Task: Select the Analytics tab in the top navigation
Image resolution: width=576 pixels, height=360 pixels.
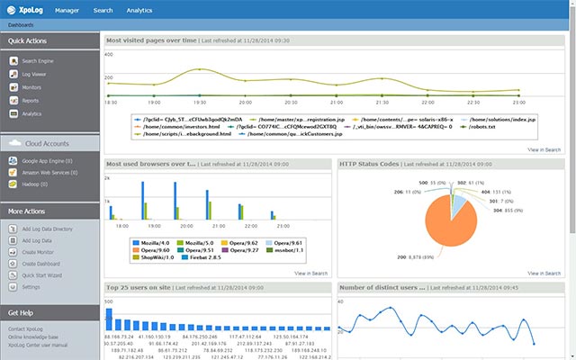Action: (139, 11)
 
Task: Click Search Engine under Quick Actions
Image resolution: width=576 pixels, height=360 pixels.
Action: (38, 61)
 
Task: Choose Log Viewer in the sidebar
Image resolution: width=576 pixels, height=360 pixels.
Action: (35, 75)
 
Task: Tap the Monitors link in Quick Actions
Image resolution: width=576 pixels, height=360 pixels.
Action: (31, 87)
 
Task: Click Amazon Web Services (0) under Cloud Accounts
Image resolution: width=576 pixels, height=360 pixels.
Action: (50, 171)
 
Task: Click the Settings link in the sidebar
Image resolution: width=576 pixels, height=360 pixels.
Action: (31, 286)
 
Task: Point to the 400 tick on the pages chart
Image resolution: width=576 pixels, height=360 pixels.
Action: (110, 54)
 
